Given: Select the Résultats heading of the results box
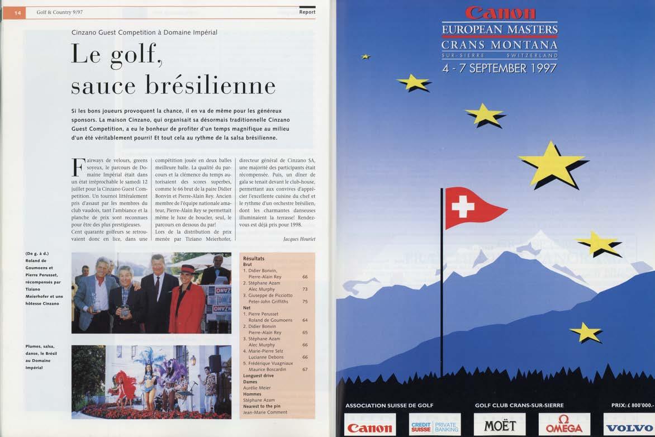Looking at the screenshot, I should click(254, 259).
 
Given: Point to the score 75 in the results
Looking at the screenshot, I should click(305, 301).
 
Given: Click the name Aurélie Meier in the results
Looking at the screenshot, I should click(257, 388).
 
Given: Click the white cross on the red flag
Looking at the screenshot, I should click(463, 207).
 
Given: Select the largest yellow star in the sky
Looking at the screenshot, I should click(550, 164).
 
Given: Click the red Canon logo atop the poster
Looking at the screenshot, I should click(500, 13).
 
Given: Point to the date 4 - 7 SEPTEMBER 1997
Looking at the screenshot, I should click(499, 68).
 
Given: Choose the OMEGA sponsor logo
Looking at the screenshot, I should click(564, 425).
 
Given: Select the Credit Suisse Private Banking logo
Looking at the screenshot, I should click(435, 426).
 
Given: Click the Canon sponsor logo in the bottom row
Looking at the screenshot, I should click(370, 427).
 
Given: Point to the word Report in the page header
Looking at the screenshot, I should click(307, 12).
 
